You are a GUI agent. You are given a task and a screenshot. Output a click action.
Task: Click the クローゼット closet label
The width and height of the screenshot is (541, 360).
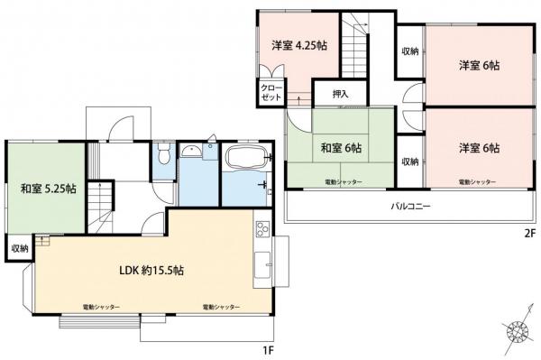point(270,92)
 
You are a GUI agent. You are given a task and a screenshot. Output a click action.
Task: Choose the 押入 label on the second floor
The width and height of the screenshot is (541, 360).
point(340,93)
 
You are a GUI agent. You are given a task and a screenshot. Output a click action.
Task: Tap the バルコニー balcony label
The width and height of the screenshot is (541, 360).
point(410,207)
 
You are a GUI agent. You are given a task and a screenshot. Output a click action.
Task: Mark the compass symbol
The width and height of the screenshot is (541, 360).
point(517,334)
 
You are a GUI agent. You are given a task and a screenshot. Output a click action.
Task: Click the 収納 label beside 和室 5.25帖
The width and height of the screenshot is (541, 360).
point(19,247)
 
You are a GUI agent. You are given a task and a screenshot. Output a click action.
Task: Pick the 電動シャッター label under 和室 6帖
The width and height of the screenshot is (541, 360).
point(344,182)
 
